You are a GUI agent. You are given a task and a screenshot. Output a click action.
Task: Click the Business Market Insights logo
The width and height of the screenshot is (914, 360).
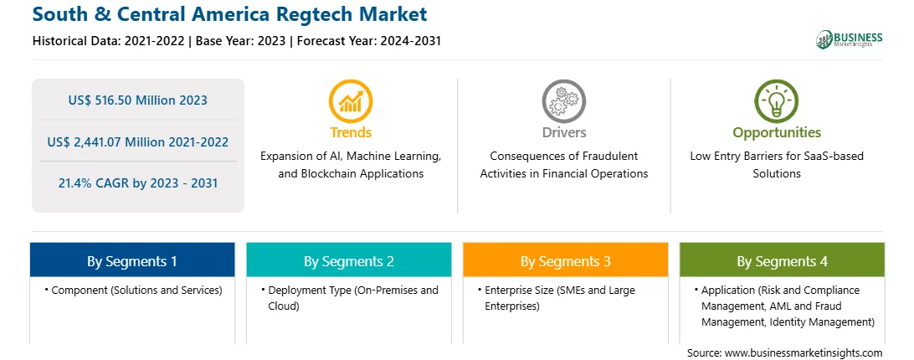[x=849, y=39]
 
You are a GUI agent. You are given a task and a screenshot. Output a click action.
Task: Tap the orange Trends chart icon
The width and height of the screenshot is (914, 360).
[x=351, y=101]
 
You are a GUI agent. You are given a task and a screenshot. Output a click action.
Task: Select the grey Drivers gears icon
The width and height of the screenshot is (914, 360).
[x=563, y=101]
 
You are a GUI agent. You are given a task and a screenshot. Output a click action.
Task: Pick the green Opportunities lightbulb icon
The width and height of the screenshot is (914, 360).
[x=777, y=101]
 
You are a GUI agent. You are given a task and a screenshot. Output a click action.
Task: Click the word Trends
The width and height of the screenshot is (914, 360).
[x=351, y=132]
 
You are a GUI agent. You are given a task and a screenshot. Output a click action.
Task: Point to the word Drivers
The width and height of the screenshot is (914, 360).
[x=563, y=132]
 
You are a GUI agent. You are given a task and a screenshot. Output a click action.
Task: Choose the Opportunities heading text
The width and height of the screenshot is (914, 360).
[x=777, y=133]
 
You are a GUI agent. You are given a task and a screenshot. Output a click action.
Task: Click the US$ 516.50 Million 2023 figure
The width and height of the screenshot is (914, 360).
[x=137, y=100]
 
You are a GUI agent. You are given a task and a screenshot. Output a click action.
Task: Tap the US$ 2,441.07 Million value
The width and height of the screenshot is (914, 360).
[x=112, y=141]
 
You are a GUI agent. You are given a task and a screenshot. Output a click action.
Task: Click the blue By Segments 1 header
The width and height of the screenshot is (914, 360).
[x=132, y=260]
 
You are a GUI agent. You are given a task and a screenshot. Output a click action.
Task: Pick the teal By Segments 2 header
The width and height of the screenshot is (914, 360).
[x=348, y=260]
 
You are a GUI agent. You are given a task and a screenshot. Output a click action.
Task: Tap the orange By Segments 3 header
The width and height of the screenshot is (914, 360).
[x=566, y=260]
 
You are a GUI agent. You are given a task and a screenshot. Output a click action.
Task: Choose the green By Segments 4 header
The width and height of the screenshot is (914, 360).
[x=782, y=260]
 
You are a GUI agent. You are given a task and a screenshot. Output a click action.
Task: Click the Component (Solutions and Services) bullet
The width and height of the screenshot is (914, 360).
[x=133, y=290]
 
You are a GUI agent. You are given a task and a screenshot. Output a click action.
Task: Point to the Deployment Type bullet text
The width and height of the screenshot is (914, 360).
[x=350, y=297]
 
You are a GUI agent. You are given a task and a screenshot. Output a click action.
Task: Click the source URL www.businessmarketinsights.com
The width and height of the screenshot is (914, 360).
[x=804, y=352]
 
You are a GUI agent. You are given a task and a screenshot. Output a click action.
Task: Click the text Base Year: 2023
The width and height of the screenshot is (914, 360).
[x=241, y=41]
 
